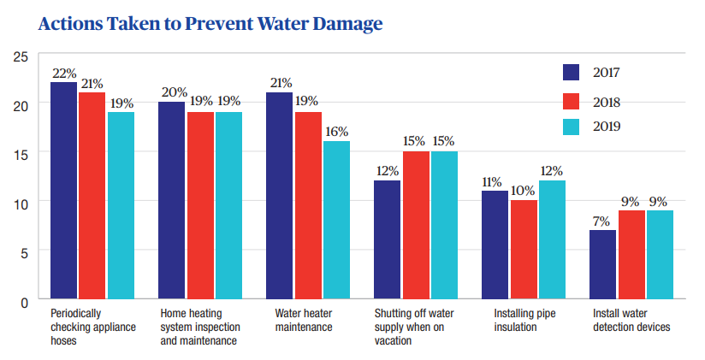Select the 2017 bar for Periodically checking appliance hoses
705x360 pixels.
pyautogui.click(x=64, y=192)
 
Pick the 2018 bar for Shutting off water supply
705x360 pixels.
pyautogui.click(x=417, y=226)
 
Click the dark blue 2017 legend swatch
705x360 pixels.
pyautogui.click(x=572, y=73)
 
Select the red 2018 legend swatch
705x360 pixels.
pyautogui.click(x=572, y=102)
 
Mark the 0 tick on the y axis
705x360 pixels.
pyautogui.click(x=25, y=301)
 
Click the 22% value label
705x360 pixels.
pyautogui.click(x=63, y=74)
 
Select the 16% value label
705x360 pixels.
pyautogui.click(x=336, y=132)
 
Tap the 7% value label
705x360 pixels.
pyautogui.click(x=603, y=221)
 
